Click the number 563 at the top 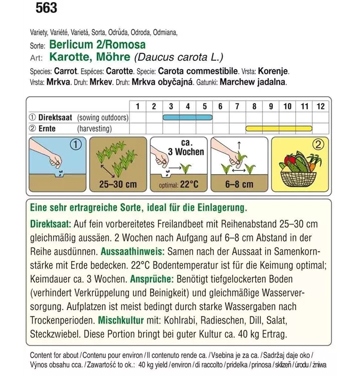coord(47,8)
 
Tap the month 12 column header coord(320,106)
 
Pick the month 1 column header coord(137,106)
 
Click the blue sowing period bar coord(188,118)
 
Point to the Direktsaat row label coord(54,118)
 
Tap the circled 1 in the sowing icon coord(75,146)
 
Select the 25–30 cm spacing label coord(118,184)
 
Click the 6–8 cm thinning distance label coord(240,184)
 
